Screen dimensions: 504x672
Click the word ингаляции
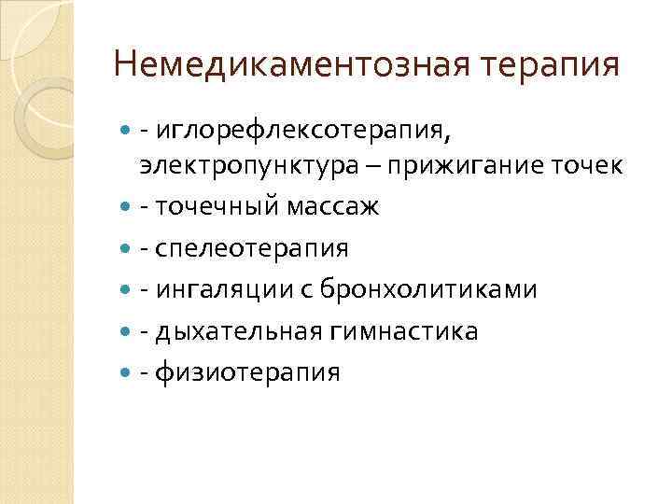229,290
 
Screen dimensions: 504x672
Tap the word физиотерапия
247,373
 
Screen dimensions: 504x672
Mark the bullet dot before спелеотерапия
127,249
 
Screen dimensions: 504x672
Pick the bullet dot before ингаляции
127,290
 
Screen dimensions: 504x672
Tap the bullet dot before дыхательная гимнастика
127,332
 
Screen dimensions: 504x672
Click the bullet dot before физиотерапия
127,373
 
